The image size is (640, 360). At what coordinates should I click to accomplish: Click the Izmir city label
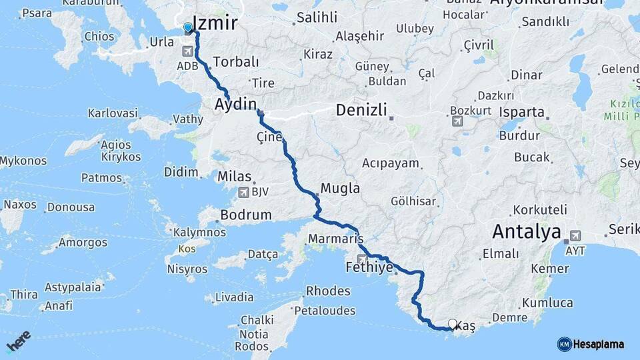(x=215, y=24)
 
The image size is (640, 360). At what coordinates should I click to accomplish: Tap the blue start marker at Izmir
(x=188, y=28)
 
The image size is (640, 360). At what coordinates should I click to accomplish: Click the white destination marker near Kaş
(x=453, y=324)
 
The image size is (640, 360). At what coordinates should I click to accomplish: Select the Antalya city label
(x=526, y=232)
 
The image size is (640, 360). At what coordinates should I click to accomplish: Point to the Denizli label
(x=361, y=110)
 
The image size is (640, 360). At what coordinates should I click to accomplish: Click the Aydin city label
(x=235, y=104)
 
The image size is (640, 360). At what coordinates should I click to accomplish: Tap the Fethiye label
(x=367, y=269)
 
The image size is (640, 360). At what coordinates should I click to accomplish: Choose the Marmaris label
(x=335, y=238)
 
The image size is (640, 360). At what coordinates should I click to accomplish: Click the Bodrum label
(x=246, y=215)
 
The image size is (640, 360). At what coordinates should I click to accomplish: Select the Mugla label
(x=340, y=188)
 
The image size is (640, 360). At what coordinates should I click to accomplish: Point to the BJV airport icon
(x=243, y=192)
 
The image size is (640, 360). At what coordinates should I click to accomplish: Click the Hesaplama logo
(x=591, y=344)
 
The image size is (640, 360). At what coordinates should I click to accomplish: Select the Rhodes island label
(x=328, y=291)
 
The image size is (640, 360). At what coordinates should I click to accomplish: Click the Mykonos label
(x=23, y=161)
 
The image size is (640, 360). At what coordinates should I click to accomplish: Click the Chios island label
(x=99, y=37)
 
